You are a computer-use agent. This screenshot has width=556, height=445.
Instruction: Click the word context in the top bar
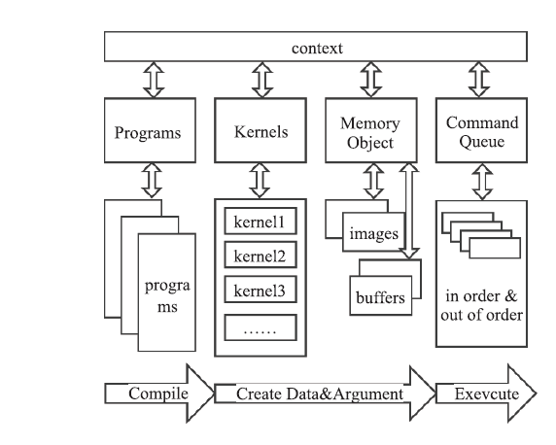[317, 49]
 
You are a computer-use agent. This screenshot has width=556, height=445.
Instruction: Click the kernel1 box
[261, 222]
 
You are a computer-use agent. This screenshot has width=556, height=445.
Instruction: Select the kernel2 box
[261, 255]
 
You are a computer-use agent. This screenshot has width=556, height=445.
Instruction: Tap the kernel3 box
[261, 290]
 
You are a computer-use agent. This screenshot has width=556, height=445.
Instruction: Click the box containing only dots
[261, 327]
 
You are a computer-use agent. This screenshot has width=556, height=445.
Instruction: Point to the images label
[374, 233]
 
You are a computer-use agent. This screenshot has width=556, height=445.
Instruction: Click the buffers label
[380, 297]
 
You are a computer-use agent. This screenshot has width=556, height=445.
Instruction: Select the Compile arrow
[159, 394]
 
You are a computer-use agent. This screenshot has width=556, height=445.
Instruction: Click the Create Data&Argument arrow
[326, 394]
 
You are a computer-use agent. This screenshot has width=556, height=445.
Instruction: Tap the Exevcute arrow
[486, 394]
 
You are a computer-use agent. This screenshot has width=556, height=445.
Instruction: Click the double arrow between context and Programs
[154, 80]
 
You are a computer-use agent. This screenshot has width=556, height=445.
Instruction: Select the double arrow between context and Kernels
[262, 80]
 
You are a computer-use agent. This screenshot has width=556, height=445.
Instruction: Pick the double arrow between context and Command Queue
[479, 80]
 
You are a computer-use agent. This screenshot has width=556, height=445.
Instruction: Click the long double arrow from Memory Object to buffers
[409, 211]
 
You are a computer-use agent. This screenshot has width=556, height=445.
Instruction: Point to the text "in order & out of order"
[481, 305]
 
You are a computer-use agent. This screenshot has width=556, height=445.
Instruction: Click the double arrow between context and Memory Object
[371, 80]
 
